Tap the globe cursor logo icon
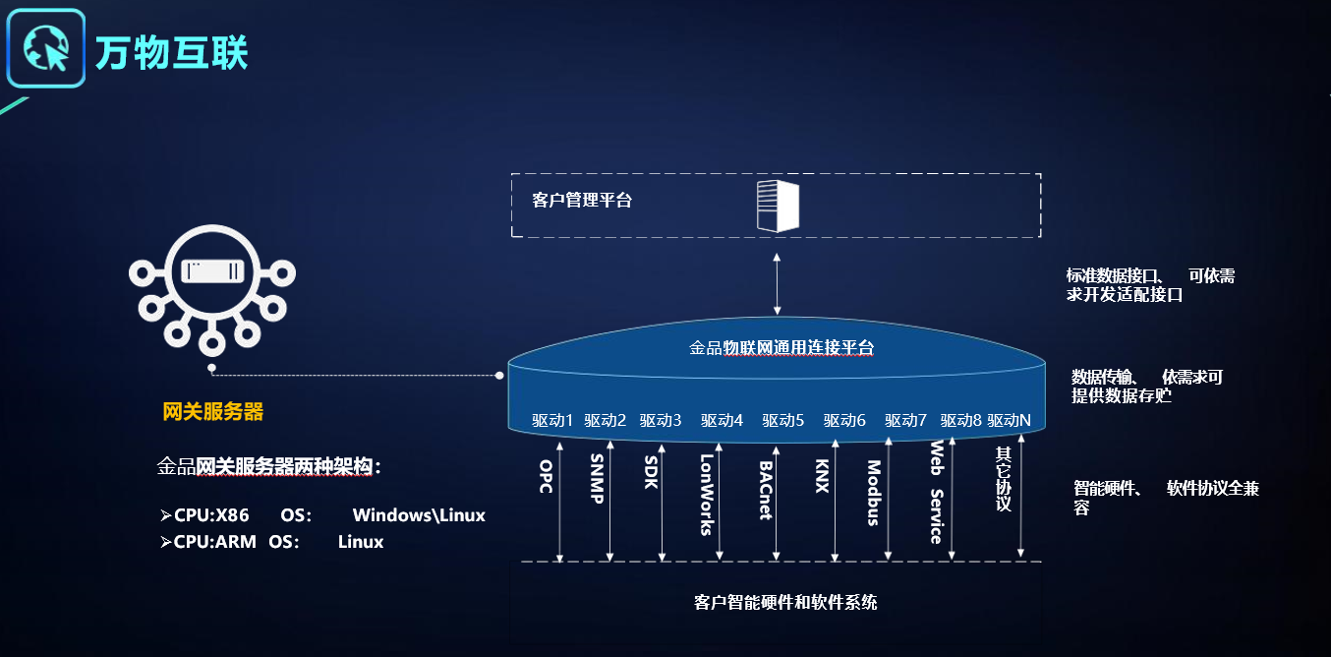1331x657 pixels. [x=46, y=48]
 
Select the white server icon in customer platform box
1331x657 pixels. [x=778, y=207]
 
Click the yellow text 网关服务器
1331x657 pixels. [x=213, y=412]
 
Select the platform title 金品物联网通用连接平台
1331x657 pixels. [x=781, y=348]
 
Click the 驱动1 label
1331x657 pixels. [x=552, y=421]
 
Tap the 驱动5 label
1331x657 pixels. [x=782, y=421]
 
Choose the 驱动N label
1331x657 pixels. [x=1010, y=421]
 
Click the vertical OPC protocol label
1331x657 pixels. [x=546, y=476]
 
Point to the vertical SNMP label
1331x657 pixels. [x=596, y=480]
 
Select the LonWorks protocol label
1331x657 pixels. [x=706, y=494]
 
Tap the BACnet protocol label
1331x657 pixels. [x=765, y=490]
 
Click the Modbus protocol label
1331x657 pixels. [x=873, y=494]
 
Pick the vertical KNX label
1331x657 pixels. [x=822, y=476]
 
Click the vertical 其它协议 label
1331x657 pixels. [x=1003, y=480]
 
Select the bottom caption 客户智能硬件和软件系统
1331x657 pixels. [x=785, y=602]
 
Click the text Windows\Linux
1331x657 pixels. [x=419, y=515]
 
